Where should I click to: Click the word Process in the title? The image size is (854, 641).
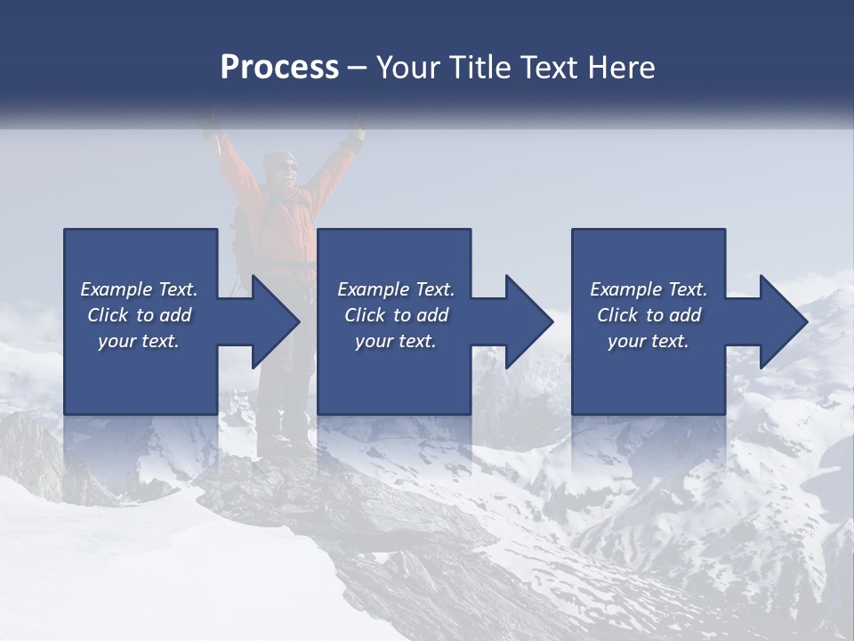tap(279, 68)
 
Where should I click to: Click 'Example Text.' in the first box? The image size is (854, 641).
tap(140, 289)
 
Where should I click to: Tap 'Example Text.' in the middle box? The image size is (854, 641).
tap(396, 289)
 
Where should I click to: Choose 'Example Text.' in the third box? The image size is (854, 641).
tap(649, 289)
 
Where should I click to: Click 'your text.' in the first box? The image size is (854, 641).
tap(140, 341)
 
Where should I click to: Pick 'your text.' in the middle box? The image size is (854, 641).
tap(396, 341)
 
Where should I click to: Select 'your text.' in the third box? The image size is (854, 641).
tap(649, 341)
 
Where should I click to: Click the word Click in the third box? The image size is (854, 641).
tap(617, 315)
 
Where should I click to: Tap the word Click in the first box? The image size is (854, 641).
tap(108, 315)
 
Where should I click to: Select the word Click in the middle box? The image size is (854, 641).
tap(365, 315)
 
